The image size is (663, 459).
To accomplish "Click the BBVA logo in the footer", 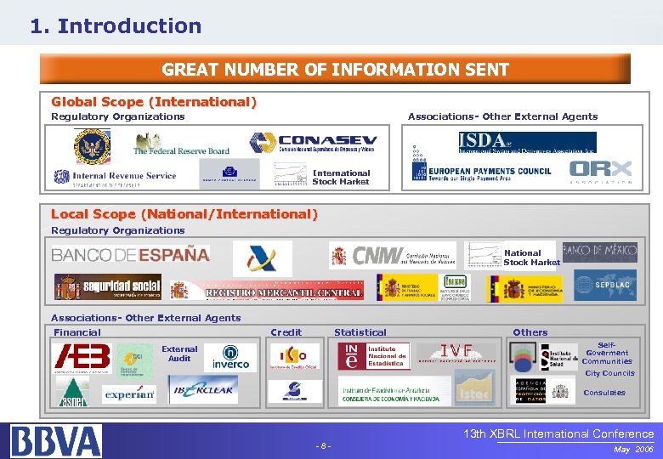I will [x=56, y=440].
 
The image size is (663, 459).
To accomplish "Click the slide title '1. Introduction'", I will [x=116, y=26].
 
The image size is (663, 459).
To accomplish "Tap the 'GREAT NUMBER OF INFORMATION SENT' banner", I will [x=335, y=70].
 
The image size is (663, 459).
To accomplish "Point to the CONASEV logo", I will [x=314, y=143].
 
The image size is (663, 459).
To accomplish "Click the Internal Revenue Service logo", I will [x=115, y=177].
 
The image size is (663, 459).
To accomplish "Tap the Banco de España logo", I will [x=130, y=254].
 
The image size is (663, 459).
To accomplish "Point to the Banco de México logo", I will [x=599, y=251].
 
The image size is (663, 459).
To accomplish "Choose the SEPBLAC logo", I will [x=604, y=286].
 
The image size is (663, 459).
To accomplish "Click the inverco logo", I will [x=231, y=358].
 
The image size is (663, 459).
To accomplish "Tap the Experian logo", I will [x=129, y=394].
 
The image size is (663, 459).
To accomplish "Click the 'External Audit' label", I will [x=179, y=354].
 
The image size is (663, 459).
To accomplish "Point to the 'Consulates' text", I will [x=604, y=393].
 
